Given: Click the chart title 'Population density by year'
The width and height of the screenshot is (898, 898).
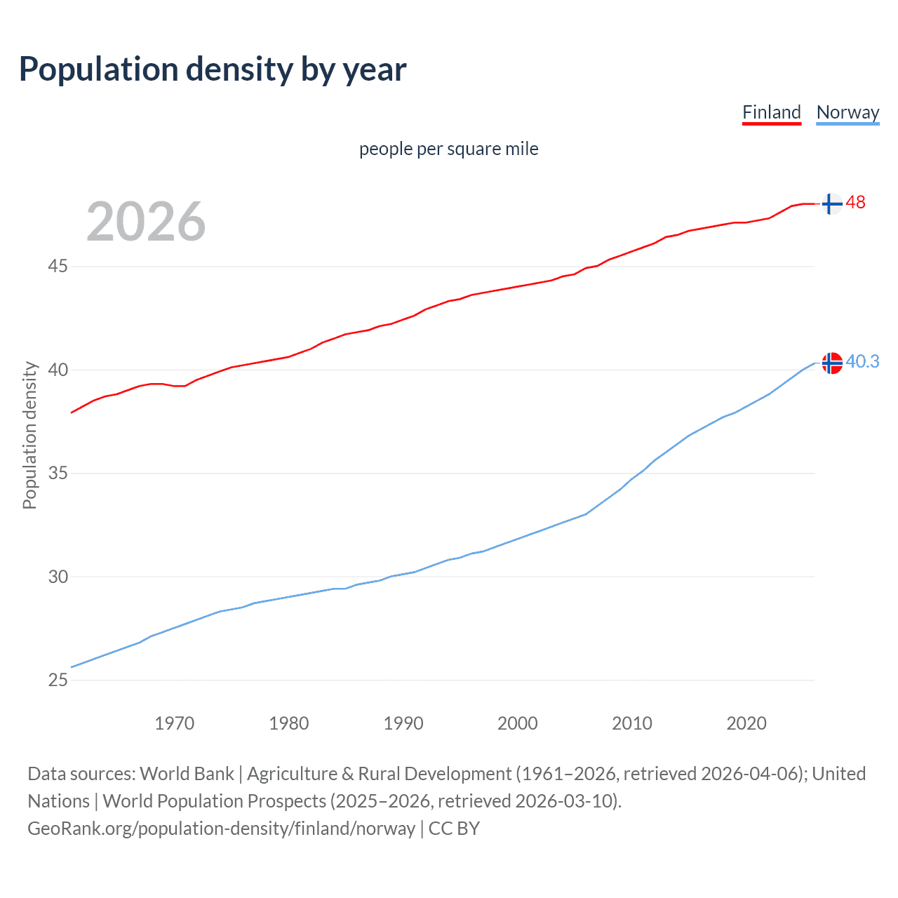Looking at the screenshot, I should coord(213,69).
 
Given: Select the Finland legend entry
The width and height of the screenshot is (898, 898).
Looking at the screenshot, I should coord(771,112).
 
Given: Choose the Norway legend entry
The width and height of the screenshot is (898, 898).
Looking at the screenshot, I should coord(847,112).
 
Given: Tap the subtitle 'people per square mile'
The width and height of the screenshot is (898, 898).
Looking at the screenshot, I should coord(448,149).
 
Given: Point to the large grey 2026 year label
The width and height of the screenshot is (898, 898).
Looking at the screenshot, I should coord(146,222).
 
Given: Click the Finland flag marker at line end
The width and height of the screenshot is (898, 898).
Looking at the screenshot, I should coord(831,203).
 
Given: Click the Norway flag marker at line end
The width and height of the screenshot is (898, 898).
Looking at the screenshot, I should coord(831,363).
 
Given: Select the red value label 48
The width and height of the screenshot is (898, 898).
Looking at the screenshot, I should coord(855,203).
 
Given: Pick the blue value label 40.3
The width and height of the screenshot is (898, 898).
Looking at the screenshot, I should coord(862,361).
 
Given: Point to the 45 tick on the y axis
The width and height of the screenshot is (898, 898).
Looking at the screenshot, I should coord(58,267).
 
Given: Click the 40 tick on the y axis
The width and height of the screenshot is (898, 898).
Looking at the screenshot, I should coord(58,370).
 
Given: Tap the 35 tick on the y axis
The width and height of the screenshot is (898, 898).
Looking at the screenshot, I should coord(58,474).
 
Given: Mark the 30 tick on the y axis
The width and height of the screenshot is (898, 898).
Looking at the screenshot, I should coord(58,577).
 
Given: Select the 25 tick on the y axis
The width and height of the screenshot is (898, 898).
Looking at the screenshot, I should coord(58,680).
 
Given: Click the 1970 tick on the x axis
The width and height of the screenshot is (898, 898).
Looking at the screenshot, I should coord(174,723).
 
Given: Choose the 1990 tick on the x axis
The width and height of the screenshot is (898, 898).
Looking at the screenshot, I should coord(403,723).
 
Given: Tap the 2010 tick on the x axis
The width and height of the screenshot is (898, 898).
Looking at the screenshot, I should coord(631,723).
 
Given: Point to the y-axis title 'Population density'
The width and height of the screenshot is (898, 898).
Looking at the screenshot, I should coord(29,435).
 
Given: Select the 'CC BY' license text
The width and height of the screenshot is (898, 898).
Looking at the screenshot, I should coord(454,829).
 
